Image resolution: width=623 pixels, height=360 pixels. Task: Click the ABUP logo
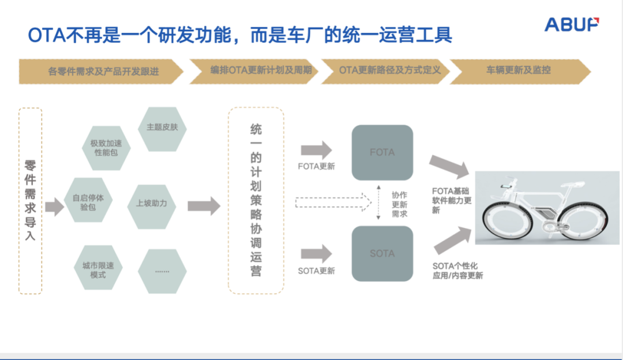coord(572,24)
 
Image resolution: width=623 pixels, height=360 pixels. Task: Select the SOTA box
coord(382,254)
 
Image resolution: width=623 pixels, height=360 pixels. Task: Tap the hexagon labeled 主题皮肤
coord(162,129)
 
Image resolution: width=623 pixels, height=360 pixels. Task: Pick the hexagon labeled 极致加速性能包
coord(106,148)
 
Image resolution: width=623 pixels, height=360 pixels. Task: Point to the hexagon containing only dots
coord(162,270)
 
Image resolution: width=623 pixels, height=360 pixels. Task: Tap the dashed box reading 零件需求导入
coord(31,201)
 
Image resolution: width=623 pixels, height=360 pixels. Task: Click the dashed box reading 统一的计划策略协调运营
coord(256,200)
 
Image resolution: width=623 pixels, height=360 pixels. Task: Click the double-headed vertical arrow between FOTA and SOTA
coord(378,202)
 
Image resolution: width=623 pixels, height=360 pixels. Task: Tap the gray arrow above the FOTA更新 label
coord(316,150)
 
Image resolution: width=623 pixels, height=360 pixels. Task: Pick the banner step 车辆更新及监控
coord(519,71)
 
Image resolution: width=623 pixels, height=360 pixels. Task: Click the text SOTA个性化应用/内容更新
coord(458,271)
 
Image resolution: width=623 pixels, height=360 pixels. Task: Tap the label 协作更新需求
coord(400,204)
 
